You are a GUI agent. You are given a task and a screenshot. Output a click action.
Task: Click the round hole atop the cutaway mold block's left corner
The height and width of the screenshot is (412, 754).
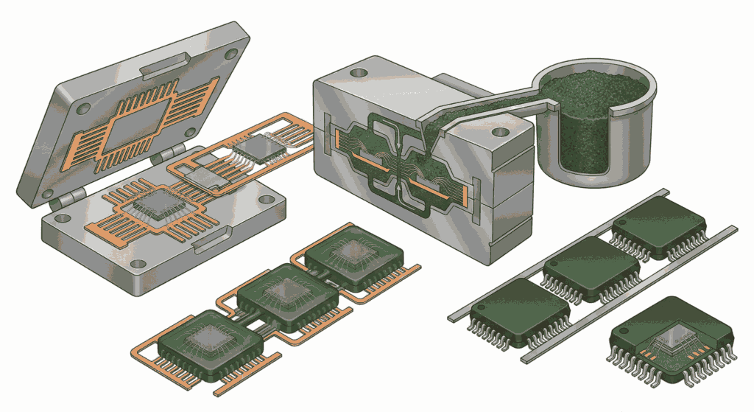tap(359, 74)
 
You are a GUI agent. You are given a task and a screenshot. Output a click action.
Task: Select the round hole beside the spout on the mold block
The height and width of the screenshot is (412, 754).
tap(501, 133)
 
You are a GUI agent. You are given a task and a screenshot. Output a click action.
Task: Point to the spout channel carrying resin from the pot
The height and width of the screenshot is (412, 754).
tap(471, 111)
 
